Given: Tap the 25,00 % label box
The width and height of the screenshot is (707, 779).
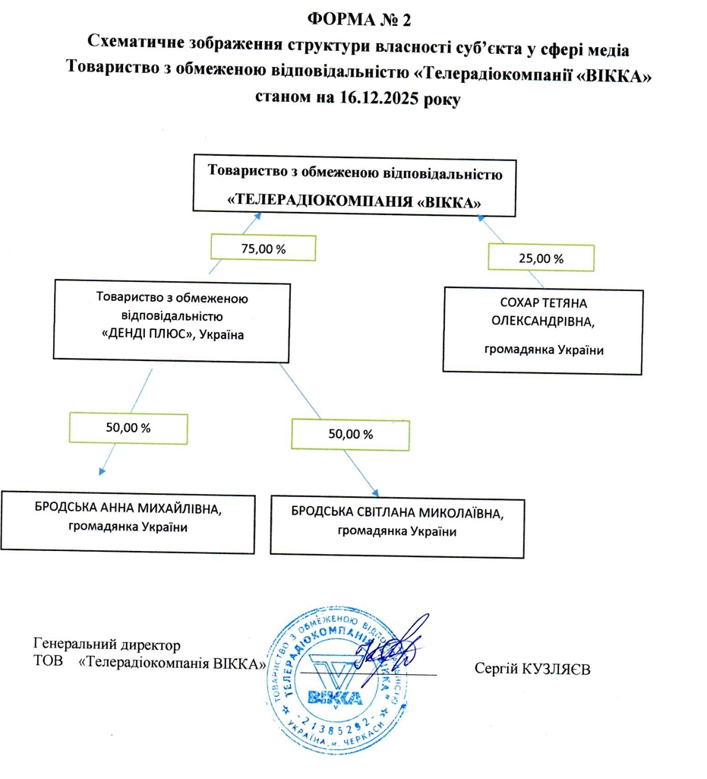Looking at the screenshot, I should (541, 258).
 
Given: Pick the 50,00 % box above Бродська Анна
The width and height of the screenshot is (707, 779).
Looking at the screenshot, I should (128, 427).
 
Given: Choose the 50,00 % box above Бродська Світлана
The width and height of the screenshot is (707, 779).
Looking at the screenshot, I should (349, 435).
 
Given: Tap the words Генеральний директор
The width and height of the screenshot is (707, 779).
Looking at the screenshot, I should (108, 645).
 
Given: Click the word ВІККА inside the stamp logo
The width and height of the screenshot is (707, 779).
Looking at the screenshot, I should (335, 696).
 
